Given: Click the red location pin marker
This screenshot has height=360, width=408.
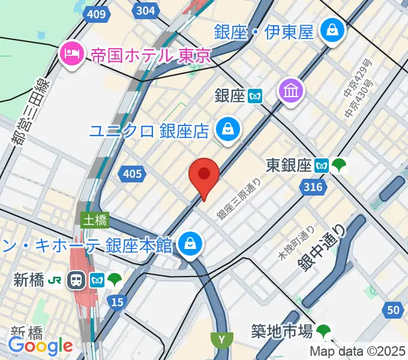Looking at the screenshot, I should point(203,175).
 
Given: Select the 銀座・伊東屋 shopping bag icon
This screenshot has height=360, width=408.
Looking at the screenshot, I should point(331,28).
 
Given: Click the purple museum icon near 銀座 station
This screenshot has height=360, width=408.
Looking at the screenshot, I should point(292,91).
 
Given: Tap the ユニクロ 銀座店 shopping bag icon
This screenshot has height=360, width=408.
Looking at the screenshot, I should point(229,129).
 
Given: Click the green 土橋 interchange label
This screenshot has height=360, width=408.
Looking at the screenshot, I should point(95,220).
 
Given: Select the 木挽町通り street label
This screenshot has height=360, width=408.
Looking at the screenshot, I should point(296,242).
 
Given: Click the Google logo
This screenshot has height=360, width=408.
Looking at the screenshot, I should point(40,346).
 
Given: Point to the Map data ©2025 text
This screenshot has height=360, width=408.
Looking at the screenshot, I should point(358,351).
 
